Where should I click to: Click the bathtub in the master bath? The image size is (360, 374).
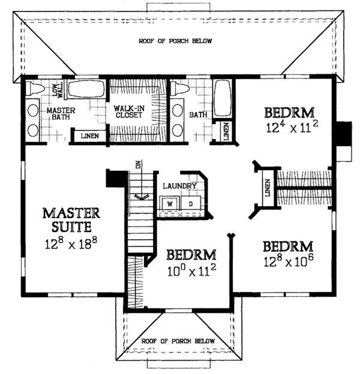(x=85, y=92)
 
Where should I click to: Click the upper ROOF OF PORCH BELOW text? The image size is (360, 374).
(x=176, y=41)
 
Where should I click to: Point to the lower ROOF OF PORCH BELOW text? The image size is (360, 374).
(x=177, y=341)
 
